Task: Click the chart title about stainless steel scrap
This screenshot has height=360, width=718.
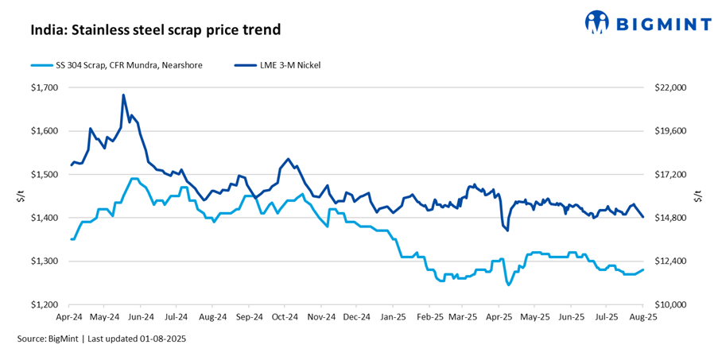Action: (156, 31)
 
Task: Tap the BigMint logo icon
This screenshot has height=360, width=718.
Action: (598, 22)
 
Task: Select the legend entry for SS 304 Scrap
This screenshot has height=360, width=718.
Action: (115, 64)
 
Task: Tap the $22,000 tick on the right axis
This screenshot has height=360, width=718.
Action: (669, 87)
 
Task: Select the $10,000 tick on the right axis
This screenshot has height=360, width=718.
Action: (669, 304)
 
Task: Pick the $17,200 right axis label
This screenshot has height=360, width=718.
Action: (669, 174)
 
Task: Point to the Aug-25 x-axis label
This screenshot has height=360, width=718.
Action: (642, 316)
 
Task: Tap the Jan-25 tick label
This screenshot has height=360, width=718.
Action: (394, 316)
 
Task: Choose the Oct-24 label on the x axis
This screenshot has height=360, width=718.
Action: (285, 316)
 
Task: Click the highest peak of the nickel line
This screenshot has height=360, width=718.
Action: (123, 95)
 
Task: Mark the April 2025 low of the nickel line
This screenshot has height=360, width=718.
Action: (507, 230)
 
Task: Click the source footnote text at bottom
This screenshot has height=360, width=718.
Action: (102, 339)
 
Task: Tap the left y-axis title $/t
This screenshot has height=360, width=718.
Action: (19, 196)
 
